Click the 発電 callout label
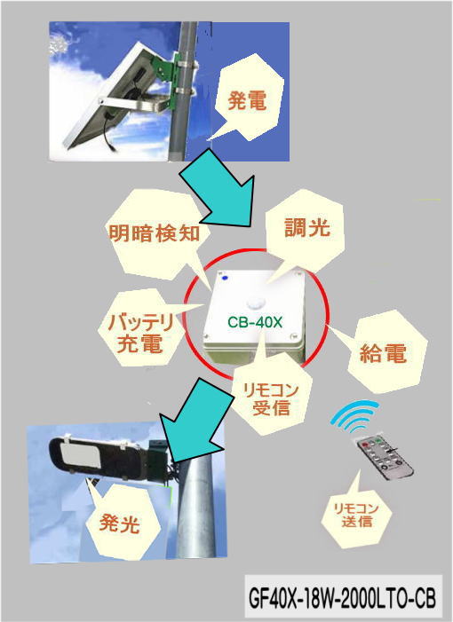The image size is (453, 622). [x=247, y=101]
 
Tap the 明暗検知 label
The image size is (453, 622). [x=154, y=232]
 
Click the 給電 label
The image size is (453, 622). [x=383, y=352]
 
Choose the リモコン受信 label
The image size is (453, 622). [x=271, y=399]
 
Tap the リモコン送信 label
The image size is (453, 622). [x=356, y=515]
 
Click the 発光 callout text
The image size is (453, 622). [x=120, y=523]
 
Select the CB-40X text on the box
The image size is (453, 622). [x=255, y=322]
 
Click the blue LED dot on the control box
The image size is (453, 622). [x=225, y=278]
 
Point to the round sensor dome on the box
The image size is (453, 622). [x=254, y=303]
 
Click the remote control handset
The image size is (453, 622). [x=385, y=457]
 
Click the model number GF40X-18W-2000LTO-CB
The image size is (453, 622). [x=342, y=598]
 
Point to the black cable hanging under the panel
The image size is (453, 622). [x=108, y=132]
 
